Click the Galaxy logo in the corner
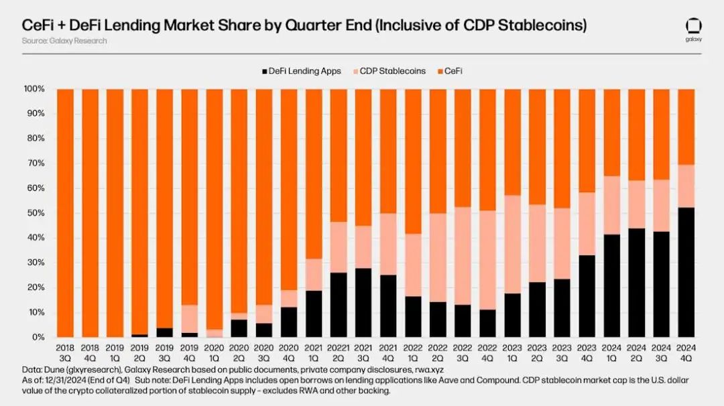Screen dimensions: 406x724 693,27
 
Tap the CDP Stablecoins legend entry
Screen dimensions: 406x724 393,71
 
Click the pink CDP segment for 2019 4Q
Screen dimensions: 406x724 190,319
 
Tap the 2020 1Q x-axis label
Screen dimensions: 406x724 215,352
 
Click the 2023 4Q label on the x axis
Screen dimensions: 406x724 587,352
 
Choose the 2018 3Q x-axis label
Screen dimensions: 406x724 65,352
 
